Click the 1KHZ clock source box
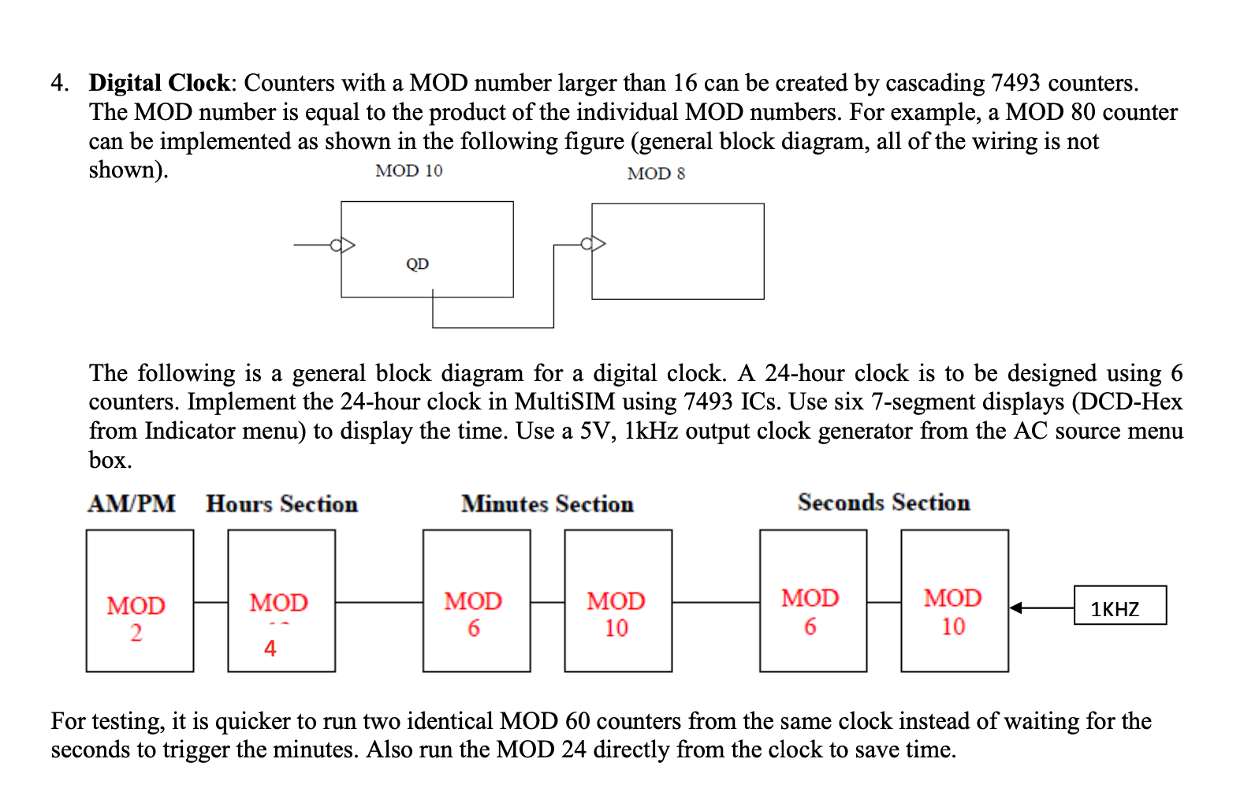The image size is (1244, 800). click(x=1119, y=605)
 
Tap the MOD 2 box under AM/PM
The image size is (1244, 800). click(x=140, y=600)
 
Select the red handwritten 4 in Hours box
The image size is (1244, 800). click(x=270, y=649)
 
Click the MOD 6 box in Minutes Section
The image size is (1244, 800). click(x=476, y=600)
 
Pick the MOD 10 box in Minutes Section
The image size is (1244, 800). click(x=618, y=600)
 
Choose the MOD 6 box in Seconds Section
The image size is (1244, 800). click(x=813, y=600)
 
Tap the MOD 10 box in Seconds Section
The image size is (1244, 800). click(x=954, y=600)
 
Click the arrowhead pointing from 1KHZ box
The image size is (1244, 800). click(x=1016, y=607)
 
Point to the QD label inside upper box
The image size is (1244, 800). click(x=417, y=264)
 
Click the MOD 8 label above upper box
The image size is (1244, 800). click(x=656, y=174)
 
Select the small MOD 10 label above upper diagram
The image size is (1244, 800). click(x=408, y=170)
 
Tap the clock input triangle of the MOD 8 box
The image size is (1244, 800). click(x=599, y=243)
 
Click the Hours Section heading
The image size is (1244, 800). click(x=281, y=503)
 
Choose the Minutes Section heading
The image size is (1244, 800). click(x=547, y=503)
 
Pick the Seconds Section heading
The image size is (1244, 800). click(x=883, y=503)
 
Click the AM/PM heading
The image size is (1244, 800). click(x=131, y=503)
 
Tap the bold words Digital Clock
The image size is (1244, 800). click(x=158, y=83)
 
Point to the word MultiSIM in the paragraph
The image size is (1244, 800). click(x=564, y=402)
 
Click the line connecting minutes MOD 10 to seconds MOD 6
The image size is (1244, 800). click(x=715, y=602)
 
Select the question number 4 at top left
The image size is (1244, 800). click(x=58, y=83)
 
